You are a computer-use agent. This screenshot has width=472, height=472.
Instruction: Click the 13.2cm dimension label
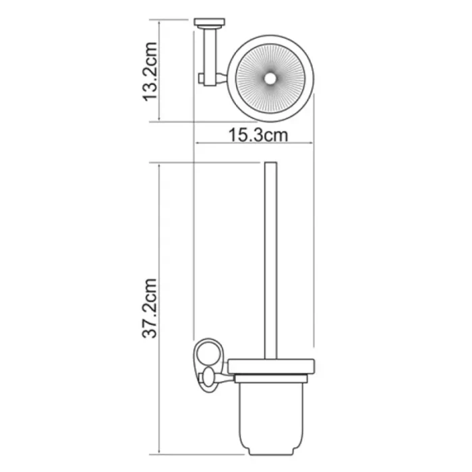point(149,71)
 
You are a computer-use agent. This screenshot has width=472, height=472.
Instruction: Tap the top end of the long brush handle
point(270,165)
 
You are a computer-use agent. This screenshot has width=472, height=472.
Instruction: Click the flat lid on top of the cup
point(272,366)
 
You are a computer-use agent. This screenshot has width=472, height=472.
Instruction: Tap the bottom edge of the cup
point(272,450)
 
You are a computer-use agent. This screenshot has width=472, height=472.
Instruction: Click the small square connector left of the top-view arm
point(201,81)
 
